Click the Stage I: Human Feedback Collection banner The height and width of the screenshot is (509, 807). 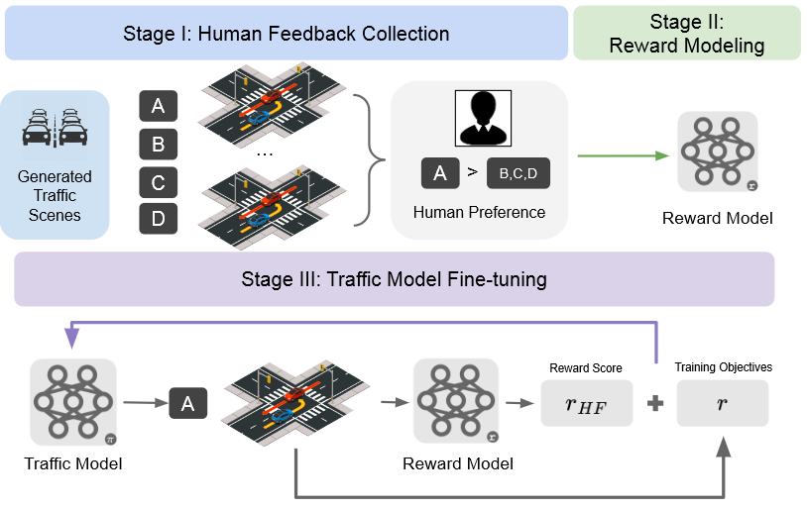(286, 34)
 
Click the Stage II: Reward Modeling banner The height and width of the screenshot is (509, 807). (686, 34)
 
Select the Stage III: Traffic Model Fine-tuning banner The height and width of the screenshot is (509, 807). (394, 279)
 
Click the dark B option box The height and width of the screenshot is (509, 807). (159, 146)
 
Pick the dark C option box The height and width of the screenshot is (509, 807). (159, 183)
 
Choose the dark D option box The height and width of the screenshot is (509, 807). (159, 218)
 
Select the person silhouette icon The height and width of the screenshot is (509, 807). (479, 117)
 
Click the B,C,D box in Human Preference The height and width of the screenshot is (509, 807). (518, 174)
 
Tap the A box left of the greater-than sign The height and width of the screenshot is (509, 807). (440, 173)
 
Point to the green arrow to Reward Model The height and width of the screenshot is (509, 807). (621, 156)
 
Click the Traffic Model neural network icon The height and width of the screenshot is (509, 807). (73, 401)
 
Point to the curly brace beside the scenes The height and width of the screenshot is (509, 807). (366, 156)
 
